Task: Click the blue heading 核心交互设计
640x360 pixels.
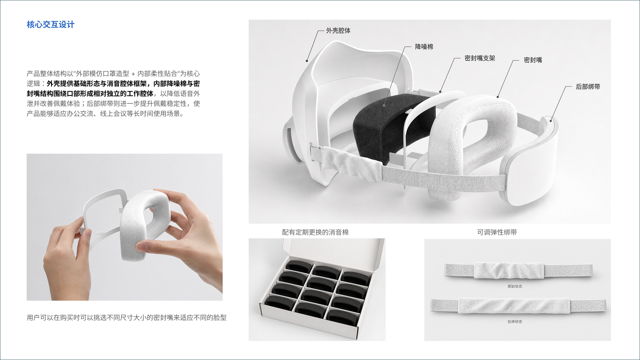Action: (50, 25)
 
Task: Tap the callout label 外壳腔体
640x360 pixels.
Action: (338, 31)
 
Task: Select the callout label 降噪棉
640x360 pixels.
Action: (424, 47)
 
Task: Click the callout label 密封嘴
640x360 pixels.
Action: (532, 60)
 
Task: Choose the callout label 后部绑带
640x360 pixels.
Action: (587, 87)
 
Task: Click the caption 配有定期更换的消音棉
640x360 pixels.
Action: (315, 232)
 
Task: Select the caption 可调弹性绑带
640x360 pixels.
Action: (497, 232)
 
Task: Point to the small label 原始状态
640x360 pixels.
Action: (515, 286)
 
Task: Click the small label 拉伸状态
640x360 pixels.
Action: (515, 322)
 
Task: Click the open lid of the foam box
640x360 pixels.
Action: (333, 248)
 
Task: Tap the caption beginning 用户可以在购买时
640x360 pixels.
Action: (126, 318)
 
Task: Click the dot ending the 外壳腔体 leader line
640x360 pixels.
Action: (307, 61)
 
